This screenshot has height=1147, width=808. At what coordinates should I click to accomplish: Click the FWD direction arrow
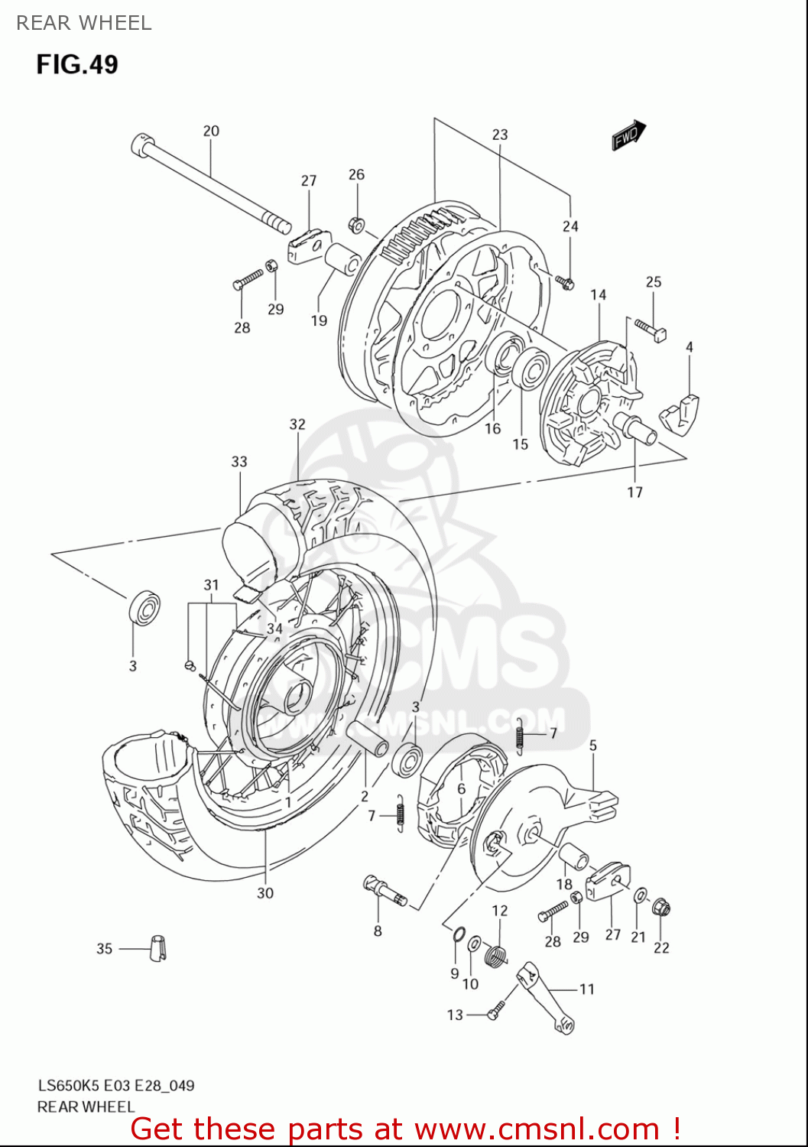click(x=628, y=135)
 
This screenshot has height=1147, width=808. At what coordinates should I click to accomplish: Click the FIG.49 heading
click(x=77, y=64)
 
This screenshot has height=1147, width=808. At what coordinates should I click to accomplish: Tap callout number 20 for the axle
click(x=211, y=131)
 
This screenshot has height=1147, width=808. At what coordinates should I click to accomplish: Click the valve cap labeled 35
click(x=158, y=947)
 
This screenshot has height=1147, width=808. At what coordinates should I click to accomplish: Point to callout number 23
click(x=499, y=135)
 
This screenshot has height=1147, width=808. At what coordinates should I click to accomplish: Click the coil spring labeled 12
click(x=497, y=954)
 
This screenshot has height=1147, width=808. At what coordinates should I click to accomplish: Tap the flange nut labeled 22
click(x=662, y=908)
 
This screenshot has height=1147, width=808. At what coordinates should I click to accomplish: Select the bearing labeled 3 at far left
click(x=144, y=607)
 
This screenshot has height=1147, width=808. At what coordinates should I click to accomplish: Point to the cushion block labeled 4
click(x=679, y=412)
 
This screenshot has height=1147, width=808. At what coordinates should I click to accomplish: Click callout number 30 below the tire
click(x=264, y=892)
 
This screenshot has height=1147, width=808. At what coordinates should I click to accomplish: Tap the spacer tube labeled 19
click(x=343, y=258)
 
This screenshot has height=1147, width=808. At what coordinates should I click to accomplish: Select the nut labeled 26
click(x=356, y=225)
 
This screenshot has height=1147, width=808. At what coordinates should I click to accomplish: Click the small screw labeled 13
click(x=495, y=1012)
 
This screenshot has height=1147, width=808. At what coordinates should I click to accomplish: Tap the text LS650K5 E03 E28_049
click(x=116, y=1085)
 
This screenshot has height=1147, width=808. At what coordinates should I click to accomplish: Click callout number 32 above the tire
click(x=297, y=424)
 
